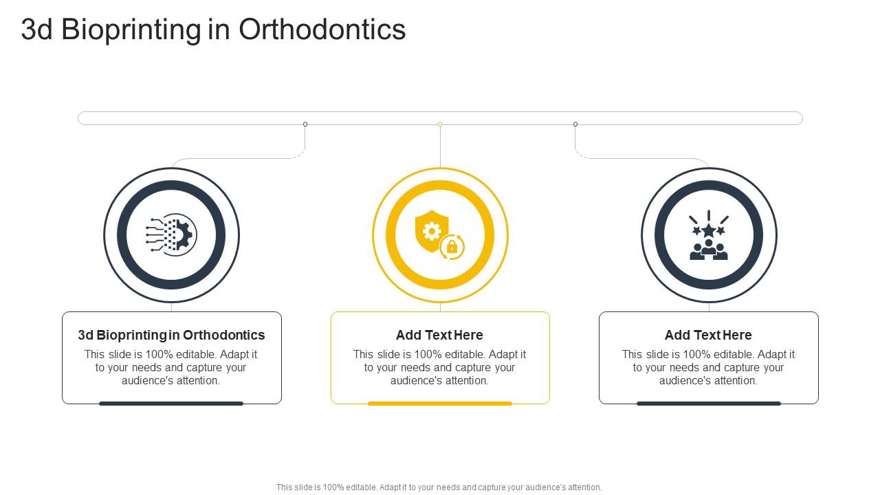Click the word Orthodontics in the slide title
click(322, 30)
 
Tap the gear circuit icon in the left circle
click(171, 234)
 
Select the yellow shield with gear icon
click(431, 230)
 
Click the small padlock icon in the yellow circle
click(452, 247)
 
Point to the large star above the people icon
click(709, 230)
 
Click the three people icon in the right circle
click(709, 251)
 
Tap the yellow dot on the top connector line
click(440, 124)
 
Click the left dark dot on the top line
click(305, 124)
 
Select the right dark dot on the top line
click(575, 124)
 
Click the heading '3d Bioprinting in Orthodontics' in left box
click(171, 335)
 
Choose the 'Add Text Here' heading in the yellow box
click(439, 335)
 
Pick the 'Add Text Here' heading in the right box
click(708, 335)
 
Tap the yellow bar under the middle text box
click(440, 404)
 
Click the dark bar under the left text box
click(171, 404)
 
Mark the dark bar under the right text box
click(709, 404)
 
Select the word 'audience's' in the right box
click(687, 381)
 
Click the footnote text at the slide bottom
click(439, 487)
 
